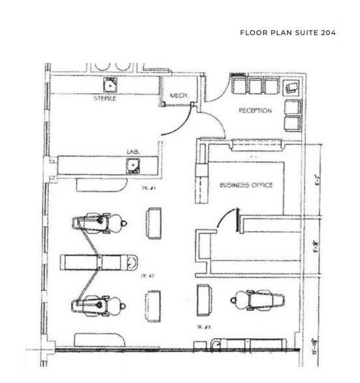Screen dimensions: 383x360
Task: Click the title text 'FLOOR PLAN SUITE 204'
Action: click(288, 33)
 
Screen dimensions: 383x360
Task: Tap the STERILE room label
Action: click(105, 100)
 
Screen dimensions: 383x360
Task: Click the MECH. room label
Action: click(179, 96)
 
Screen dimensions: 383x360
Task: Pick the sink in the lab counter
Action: click(133, 164)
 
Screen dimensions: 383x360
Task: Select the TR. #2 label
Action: click(150, 276)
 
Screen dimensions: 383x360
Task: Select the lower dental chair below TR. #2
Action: click(96, 304)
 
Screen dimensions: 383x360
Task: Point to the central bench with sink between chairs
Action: click(99, 262)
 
